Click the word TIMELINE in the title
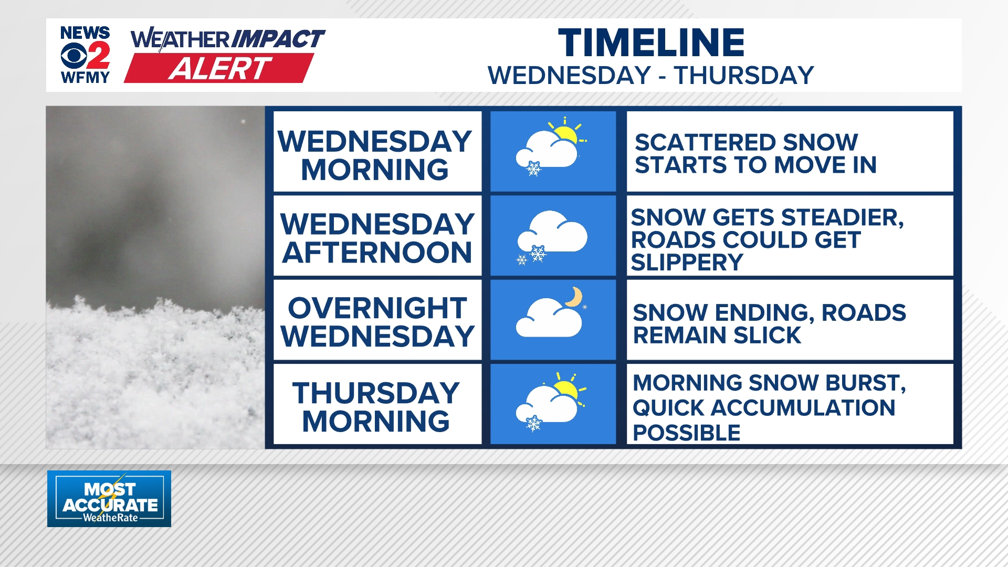651,43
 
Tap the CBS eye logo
73,56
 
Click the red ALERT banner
219,68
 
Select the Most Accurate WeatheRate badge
109,499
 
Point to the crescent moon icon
574,297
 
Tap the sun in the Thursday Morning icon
566,390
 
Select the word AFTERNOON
377,253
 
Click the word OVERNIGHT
377,308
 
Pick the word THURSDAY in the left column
376,393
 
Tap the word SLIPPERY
687,262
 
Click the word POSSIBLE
686,433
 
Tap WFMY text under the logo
85,78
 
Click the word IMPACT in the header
278,39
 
